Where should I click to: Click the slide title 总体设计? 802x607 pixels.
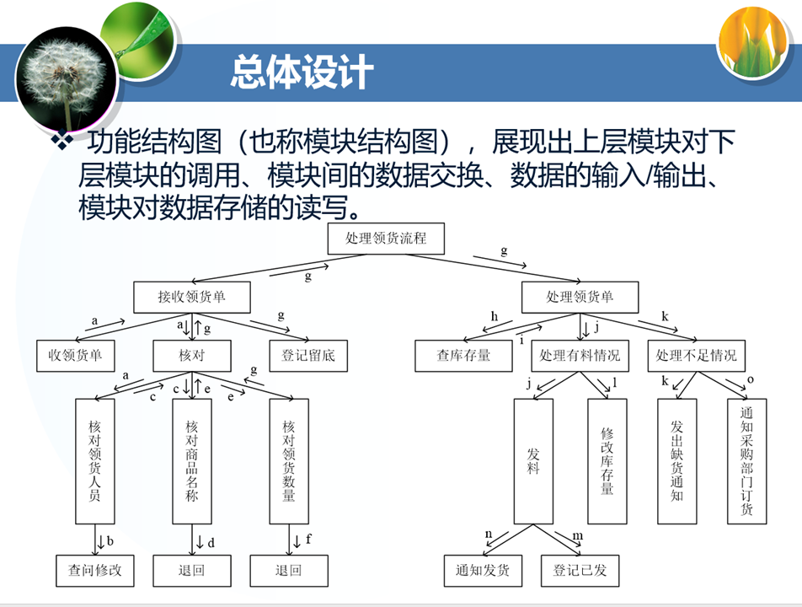click(301, 73)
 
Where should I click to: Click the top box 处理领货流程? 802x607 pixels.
click(386, 239)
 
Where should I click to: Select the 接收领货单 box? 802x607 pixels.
click(192, 297)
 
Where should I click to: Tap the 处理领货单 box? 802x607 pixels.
click(580, 297)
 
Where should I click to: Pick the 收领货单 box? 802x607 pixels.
click(75, 355)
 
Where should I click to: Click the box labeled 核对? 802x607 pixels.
click(191, 355)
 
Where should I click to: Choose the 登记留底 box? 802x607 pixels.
click(308, 355)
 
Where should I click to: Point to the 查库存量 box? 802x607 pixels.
click(463, 355)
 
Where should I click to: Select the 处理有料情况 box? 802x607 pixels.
click(580, 355)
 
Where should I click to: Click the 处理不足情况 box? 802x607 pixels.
click(696, 355)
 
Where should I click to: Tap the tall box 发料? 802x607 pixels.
click(533, 460)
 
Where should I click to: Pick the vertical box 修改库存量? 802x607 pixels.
click(607, 460)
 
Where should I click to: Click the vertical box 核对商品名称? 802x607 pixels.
click(191, 460)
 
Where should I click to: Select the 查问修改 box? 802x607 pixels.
click(95, 570)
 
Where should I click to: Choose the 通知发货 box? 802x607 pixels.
click(483, 570)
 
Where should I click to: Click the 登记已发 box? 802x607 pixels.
click(580, 570)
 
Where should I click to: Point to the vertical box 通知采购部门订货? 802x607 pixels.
click(746, 460)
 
